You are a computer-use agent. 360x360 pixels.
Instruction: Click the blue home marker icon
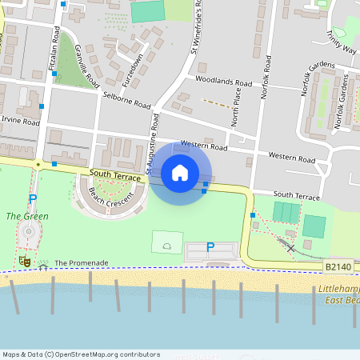[180, 172]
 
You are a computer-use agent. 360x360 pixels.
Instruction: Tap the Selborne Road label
[126, 100]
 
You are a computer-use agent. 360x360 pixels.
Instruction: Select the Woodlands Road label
[223, 81]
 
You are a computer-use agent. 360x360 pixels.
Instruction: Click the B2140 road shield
[339, 266]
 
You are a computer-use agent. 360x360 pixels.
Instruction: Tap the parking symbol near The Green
[33, 198]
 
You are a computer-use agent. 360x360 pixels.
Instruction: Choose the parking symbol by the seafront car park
[210, 248]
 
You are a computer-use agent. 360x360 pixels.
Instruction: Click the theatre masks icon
[25, 261]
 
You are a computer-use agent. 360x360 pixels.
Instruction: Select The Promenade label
[81, 262]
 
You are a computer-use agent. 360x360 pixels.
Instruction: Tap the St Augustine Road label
[152, 142]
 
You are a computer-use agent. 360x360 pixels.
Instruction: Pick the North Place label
[236, 112]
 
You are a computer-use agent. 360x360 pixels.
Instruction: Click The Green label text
[27, 216]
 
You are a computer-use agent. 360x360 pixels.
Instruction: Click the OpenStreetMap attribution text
[80, 354]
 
